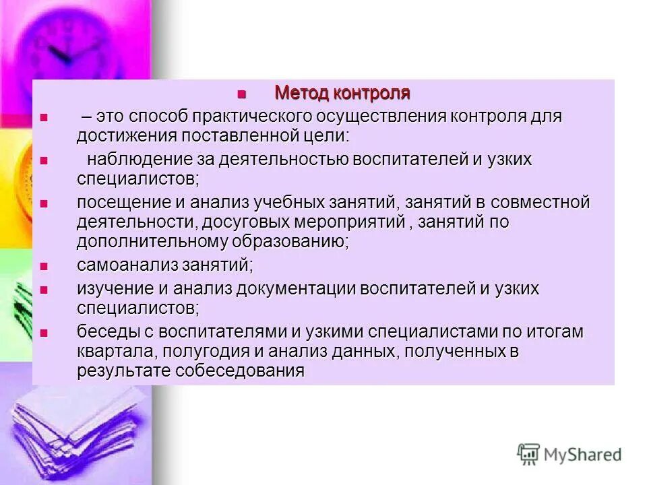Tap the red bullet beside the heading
(243, 94)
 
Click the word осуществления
(370, 117)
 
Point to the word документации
(292, 289)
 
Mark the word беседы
(100, 332)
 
